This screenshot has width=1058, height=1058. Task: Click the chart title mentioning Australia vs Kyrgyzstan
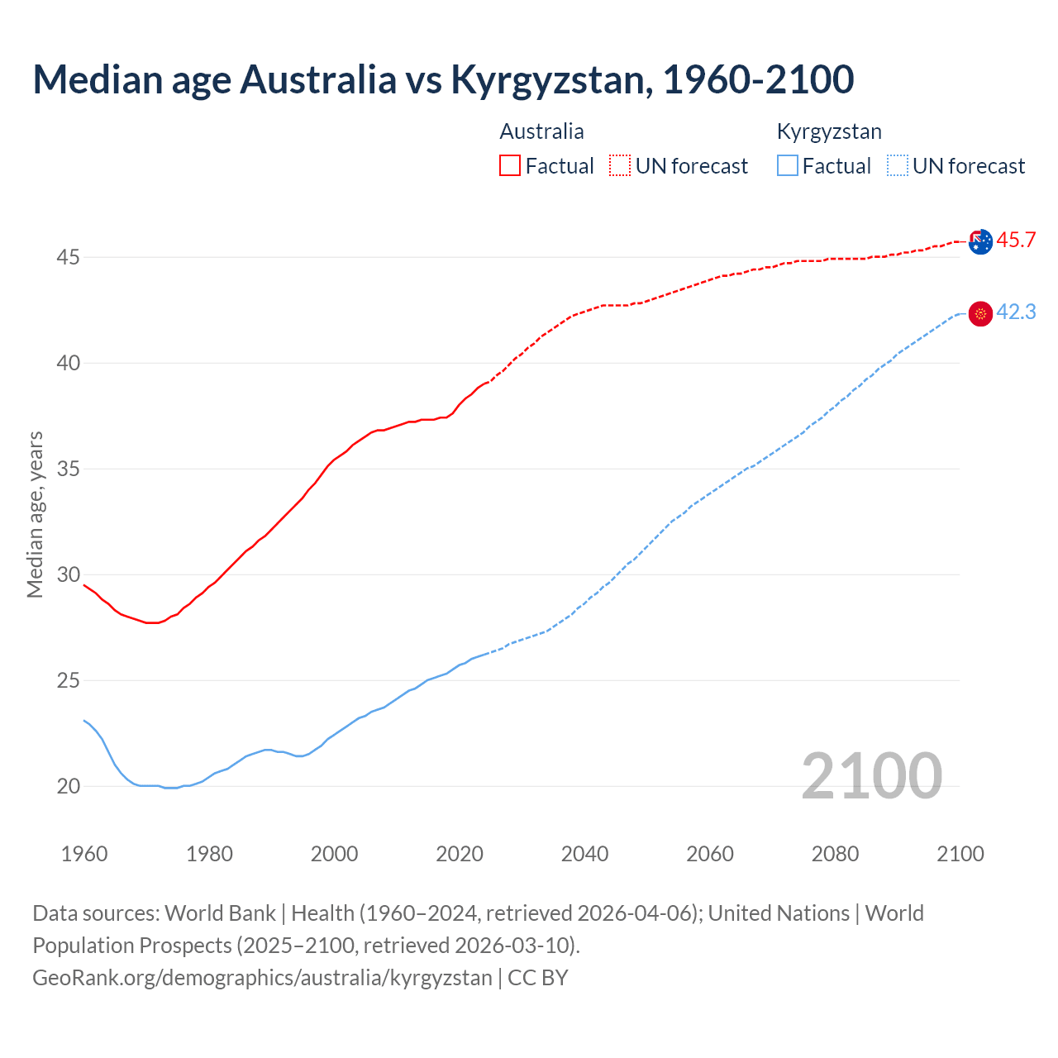[x=443, y=79]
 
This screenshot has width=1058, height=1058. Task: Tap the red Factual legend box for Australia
[x=510, y=165]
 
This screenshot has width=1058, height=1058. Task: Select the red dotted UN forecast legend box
[x=620, y=165]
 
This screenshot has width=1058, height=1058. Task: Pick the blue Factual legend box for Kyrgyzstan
[x=788, y=165]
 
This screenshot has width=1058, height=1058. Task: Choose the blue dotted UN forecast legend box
[x=898, y=165]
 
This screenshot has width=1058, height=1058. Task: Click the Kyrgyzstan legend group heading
[x=829, y=131]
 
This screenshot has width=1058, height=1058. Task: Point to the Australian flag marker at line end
[x=980, y=242]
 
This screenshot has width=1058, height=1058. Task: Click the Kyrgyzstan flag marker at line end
[x=980, y=314]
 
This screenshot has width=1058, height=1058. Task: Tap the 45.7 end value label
[x=1016, y=241]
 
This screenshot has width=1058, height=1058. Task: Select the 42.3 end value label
[x=1016, y=312]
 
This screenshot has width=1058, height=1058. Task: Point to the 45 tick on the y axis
[x=68, y=258]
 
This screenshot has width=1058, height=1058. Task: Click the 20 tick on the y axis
[x=68, y=787]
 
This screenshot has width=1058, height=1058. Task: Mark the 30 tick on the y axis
[x=68, y=575]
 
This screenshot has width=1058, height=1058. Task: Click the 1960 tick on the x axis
[x=84, y=854]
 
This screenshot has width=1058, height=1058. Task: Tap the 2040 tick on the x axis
[x=584, y=854]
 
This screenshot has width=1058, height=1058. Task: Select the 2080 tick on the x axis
[x=835, y=854]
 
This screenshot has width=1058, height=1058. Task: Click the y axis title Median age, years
[x=35, y=514]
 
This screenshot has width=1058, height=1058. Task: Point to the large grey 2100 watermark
[x=871, y=775]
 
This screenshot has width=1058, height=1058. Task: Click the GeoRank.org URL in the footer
[x=262, y=978]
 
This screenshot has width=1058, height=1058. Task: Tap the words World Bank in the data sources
[x=220, y=913]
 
